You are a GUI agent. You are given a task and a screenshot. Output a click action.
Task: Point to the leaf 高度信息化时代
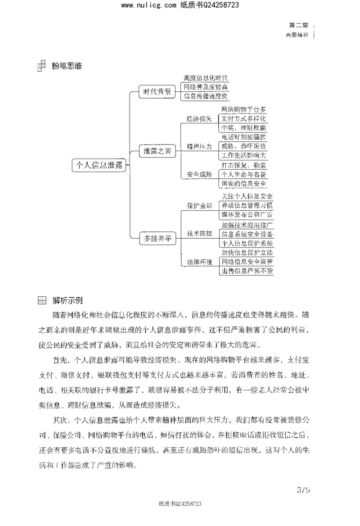[x=206, y=78]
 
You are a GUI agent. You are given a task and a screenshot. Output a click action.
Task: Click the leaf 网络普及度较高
[x=206, y=87]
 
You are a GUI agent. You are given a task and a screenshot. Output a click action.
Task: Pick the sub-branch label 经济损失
[x=199, y=118]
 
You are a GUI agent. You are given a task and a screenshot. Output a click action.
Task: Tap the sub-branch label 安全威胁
[x=199, y=174]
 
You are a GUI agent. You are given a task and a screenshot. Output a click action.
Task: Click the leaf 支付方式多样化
[x=244, y=118]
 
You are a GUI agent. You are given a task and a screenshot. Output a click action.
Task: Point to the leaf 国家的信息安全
[x=244, y=183]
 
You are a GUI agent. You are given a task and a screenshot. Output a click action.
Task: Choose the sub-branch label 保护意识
[x=199, y=206]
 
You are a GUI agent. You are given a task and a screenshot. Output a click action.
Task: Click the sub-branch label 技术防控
[x=199, y=234]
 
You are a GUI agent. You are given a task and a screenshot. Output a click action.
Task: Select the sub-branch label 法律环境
[x=199, y=262]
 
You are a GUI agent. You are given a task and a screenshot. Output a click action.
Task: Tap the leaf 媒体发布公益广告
[x=247, y=215]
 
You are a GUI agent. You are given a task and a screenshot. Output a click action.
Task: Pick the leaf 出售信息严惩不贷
[x=247, y=271]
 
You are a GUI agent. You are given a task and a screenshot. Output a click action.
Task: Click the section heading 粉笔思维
[x=67, y=66]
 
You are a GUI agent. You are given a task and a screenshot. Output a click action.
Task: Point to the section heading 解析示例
[x=67, y=300]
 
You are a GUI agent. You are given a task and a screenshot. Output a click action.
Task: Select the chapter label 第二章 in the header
[x=297, y=27]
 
